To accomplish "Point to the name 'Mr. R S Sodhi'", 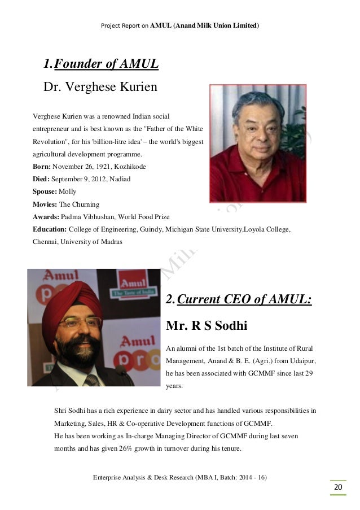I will point(207,326).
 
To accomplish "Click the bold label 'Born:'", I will point(43,167).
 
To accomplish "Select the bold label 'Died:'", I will point(42,179).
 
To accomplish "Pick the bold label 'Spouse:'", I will point(46,191).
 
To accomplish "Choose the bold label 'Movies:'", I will point(46,204).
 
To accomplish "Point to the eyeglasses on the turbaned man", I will point(81,324).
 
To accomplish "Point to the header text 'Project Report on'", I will point(125,26).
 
